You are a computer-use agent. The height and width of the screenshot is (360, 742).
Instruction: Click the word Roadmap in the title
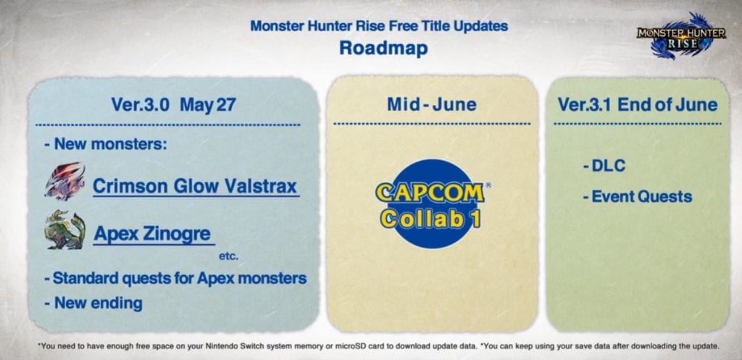tap(383, 49)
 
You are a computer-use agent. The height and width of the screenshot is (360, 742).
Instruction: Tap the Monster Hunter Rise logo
tap(680, 37)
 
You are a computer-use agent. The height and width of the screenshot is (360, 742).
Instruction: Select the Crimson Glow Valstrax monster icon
tap(65, 181)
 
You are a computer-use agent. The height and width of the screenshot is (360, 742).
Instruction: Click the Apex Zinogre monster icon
tap(65, 230)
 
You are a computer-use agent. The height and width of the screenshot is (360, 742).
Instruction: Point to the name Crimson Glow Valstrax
tap(195, 186)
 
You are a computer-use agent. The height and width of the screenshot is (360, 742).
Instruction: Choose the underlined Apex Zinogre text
tap(152, 234)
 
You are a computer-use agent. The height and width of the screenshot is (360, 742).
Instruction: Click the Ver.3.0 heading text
tap(140, 105)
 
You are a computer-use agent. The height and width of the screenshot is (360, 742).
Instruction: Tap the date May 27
tap(208, 105)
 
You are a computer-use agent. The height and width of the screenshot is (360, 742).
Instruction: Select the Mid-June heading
tap(432, 104)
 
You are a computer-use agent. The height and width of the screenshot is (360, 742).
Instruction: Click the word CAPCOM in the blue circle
tap(430, 193)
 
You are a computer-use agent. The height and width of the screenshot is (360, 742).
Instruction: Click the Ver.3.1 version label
tap(585, 104)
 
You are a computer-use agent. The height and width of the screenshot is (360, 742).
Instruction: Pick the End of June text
tap(667, 104)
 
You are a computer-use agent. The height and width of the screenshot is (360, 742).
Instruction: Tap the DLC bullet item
tap(604, 166)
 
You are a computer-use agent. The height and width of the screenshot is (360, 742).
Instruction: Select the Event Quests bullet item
tap(638, 196)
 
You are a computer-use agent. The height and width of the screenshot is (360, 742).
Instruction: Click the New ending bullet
tap(93, 303)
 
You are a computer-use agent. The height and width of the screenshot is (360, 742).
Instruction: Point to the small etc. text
tap(228, 257)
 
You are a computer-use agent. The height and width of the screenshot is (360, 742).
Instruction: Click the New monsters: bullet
tap(106, 144)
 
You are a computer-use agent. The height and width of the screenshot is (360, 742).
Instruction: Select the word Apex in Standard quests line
tap(215, 278)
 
